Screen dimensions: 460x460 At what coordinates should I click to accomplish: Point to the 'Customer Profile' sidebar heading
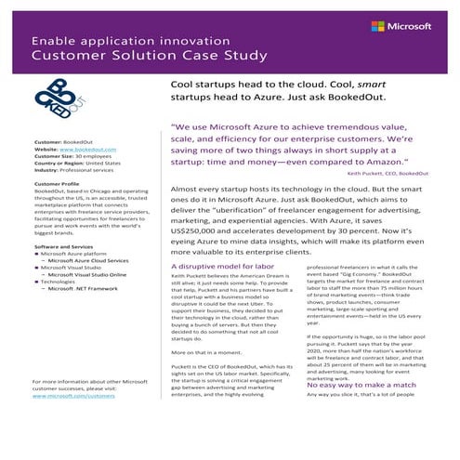coord(57,184)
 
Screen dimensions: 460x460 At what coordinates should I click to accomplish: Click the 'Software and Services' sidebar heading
coord(66,246)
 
